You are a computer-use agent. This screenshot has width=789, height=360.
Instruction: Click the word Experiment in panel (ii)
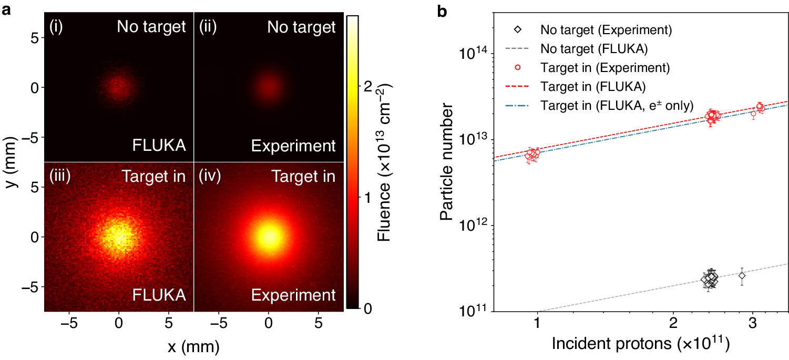click(293, 146)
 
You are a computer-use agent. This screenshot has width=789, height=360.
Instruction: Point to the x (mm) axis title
click(194, 347)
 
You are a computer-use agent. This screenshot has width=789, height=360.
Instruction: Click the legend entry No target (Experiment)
click(606, 29)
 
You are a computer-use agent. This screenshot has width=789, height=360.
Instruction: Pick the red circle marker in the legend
click(518, 67)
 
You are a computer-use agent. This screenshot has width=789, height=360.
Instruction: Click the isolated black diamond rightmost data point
click(742, 275)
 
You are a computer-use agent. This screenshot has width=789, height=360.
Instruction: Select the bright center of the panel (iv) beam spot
click(269, 236)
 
